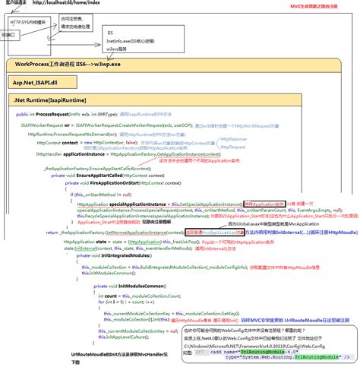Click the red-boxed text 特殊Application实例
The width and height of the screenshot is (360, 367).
coord(264,204)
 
